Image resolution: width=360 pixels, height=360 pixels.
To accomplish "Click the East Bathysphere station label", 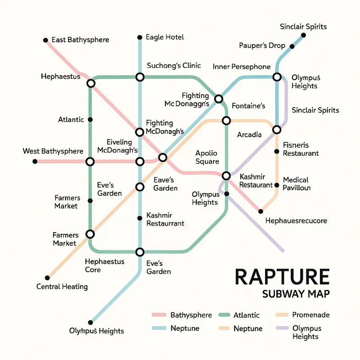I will coord(80,40).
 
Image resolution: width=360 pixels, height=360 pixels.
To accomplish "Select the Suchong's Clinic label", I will coord(174,66).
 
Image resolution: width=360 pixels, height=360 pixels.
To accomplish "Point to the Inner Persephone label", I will coord(241,67).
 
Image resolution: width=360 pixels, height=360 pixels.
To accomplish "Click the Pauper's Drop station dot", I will coord(292,46).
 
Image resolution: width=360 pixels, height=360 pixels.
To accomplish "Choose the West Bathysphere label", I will coord(53,151).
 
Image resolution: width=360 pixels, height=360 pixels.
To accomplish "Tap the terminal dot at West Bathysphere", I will coord(35,161).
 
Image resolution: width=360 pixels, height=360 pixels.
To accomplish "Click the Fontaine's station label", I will coord(248,106).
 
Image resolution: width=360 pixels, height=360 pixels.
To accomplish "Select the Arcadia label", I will coord(249,135).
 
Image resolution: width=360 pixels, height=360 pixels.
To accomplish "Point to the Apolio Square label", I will coord(207,157).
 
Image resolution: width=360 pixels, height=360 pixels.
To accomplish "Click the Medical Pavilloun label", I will coord(297,184).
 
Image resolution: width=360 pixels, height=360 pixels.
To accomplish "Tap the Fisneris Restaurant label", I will coord(301,149).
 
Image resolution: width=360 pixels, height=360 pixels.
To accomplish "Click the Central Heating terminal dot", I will coord(47,278).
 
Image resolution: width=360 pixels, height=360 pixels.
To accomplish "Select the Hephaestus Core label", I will coord(99,265).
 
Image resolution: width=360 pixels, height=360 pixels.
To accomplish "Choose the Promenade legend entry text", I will coord(311,315).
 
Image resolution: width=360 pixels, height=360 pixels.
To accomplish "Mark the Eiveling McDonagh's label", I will coord(119,146).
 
